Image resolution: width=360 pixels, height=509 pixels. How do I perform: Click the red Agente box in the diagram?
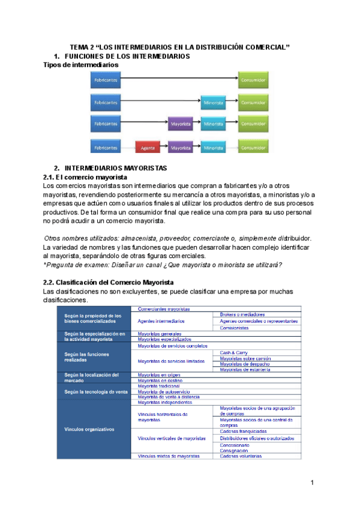145,147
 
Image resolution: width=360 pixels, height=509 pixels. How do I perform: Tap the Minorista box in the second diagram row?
214,102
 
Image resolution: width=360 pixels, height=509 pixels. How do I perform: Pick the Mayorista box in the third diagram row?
181,124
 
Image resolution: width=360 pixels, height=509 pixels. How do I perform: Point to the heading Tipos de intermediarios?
81,64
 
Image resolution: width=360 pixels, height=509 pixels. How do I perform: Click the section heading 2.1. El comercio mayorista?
85,178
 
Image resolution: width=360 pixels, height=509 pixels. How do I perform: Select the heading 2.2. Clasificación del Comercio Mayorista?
109,282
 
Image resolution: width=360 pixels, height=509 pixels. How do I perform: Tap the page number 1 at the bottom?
313,483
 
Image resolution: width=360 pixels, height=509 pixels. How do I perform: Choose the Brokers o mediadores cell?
242,315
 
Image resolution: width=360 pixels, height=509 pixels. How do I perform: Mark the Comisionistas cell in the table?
234,328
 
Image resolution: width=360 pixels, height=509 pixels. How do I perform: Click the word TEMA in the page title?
79,47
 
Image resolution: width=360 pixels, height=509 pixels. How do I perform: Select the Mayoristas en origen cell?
160,375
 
